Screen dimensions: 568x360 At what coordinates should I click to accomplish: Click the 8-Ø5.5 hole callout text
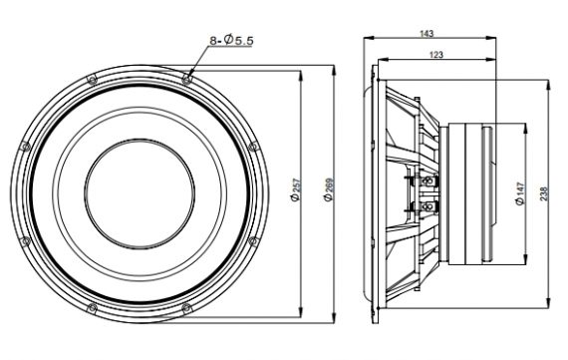[x=232, y=40]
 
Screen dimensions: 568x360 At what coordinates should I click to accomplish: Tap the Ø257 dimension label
[x=296, y=189]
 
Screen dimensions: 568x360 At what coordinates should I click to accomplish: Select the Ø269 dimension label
[x=329, y=189]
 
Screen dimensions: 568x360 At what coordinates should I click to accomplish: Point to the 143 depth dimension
[x=426, y=34]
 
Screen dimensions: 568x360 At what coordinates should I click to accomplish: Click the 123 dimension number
[x=435, y=55]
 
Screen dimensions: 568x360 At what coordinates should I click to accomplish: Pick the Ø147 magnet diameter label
[x=520, y=193]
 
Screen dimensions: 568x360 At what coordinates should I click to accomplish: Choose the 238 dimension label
[x=544, y=193]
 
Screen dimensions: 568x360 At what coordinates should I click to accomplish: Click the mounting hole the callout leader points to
[x=186, y=79]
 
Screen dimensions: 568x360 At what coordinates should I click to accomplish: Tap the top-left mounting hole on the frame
[x=93, y=79]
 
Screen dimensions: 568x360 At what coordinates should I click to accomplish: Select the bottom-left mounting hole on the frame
[x=93, y=308]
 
